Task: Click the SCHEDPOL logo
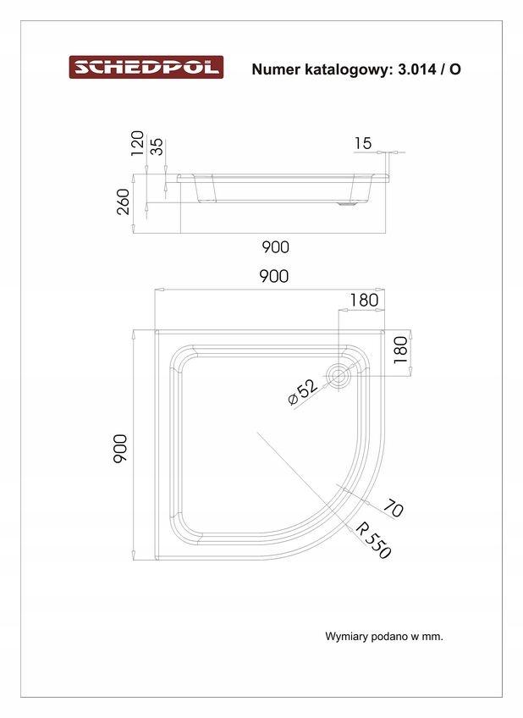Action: [x=146, y=68]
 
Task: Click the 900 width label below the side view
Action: [x=275, y=247]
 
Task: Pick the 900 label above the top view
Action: [x=273, y=276]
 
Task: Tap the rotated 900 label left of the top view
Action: [x=119, y=448]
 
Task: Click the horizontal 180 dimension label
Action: [x=363, y=299]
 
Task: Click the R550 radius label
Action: [x=373, y=540]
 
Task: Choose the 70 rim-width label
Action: [x=393, y=508]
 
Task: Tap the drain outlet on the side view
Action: [x=346, y=203]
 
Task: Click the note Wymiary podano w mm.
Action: [x=383, y=636]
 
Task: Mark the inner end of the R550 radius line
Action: [x=257, y=433]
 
